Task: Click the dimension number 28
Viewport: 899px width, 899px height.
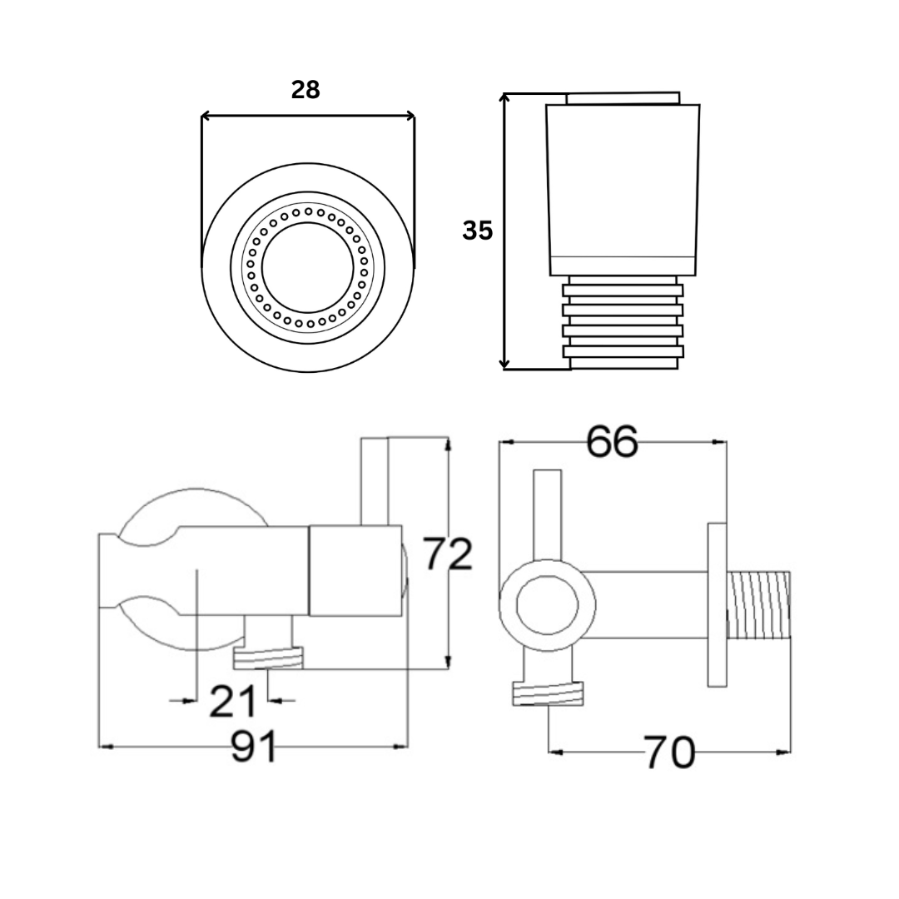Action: pos(305,90)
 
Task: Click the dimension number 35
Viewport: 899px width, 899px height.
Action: pos(478,231)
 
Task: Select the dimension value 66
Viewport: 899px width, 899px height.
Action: pos(612,441)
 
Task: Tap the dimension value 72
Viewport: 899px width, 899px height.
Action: pos(448,554)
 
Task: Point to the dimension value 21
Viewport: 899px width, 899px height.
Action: pos(231,702)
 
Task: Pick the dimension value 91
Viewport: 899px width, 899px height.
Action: pos(254,748)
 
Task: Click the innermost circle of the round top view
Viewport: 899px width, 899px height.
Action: pos(308,266)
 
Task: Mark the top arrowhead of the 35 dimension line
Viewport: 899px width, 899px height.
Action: pos(504,98)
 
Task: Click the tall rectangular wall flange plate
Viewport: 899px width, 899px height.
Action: pos(718,604)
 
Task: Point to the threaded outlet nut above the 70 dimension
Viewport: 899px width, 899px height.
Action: pos(547,693)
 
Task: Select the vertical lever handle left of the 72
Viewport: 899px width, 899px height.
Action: pos(375,481)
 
